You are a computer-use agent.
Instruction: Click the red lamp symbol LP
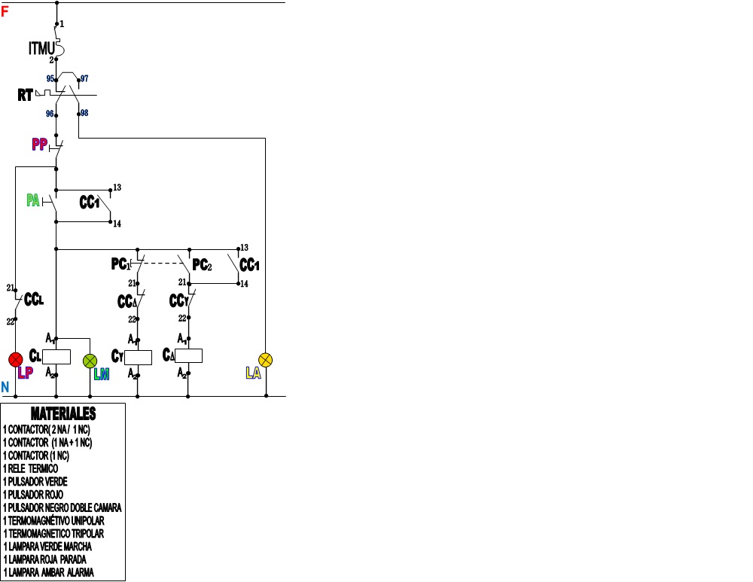16,358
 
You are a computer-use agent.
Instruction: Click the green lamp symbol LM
90,360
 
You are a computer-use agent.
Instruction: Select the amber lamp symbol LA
265,358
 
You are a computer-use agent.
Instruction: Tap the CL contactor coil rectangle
56,357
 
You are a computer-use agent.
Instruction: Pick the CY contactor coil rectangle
138,357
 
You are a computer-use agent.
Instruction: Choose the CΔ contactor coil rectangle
189,356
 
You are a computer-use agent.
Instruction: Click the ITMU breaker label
42,49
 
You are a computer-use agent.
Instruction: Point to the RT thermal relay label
26,96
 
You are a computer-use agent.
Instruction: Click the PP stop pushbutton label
40,144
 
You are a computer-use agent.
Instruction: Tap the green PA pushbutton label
33,200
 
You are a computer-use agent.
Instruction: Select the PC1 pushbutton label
120,264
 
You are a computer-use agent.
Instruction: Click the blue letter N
5,387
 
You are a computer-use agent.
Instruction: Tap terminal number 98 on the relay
84,113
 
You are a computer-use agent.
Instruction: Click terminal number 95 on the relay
50,78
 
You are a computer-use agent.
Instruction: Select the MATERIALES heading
63,414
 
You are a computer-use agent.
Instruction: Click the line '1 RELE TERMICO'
41,468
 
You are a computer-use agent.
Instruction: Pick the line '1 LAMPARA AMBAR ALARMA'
49,572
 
